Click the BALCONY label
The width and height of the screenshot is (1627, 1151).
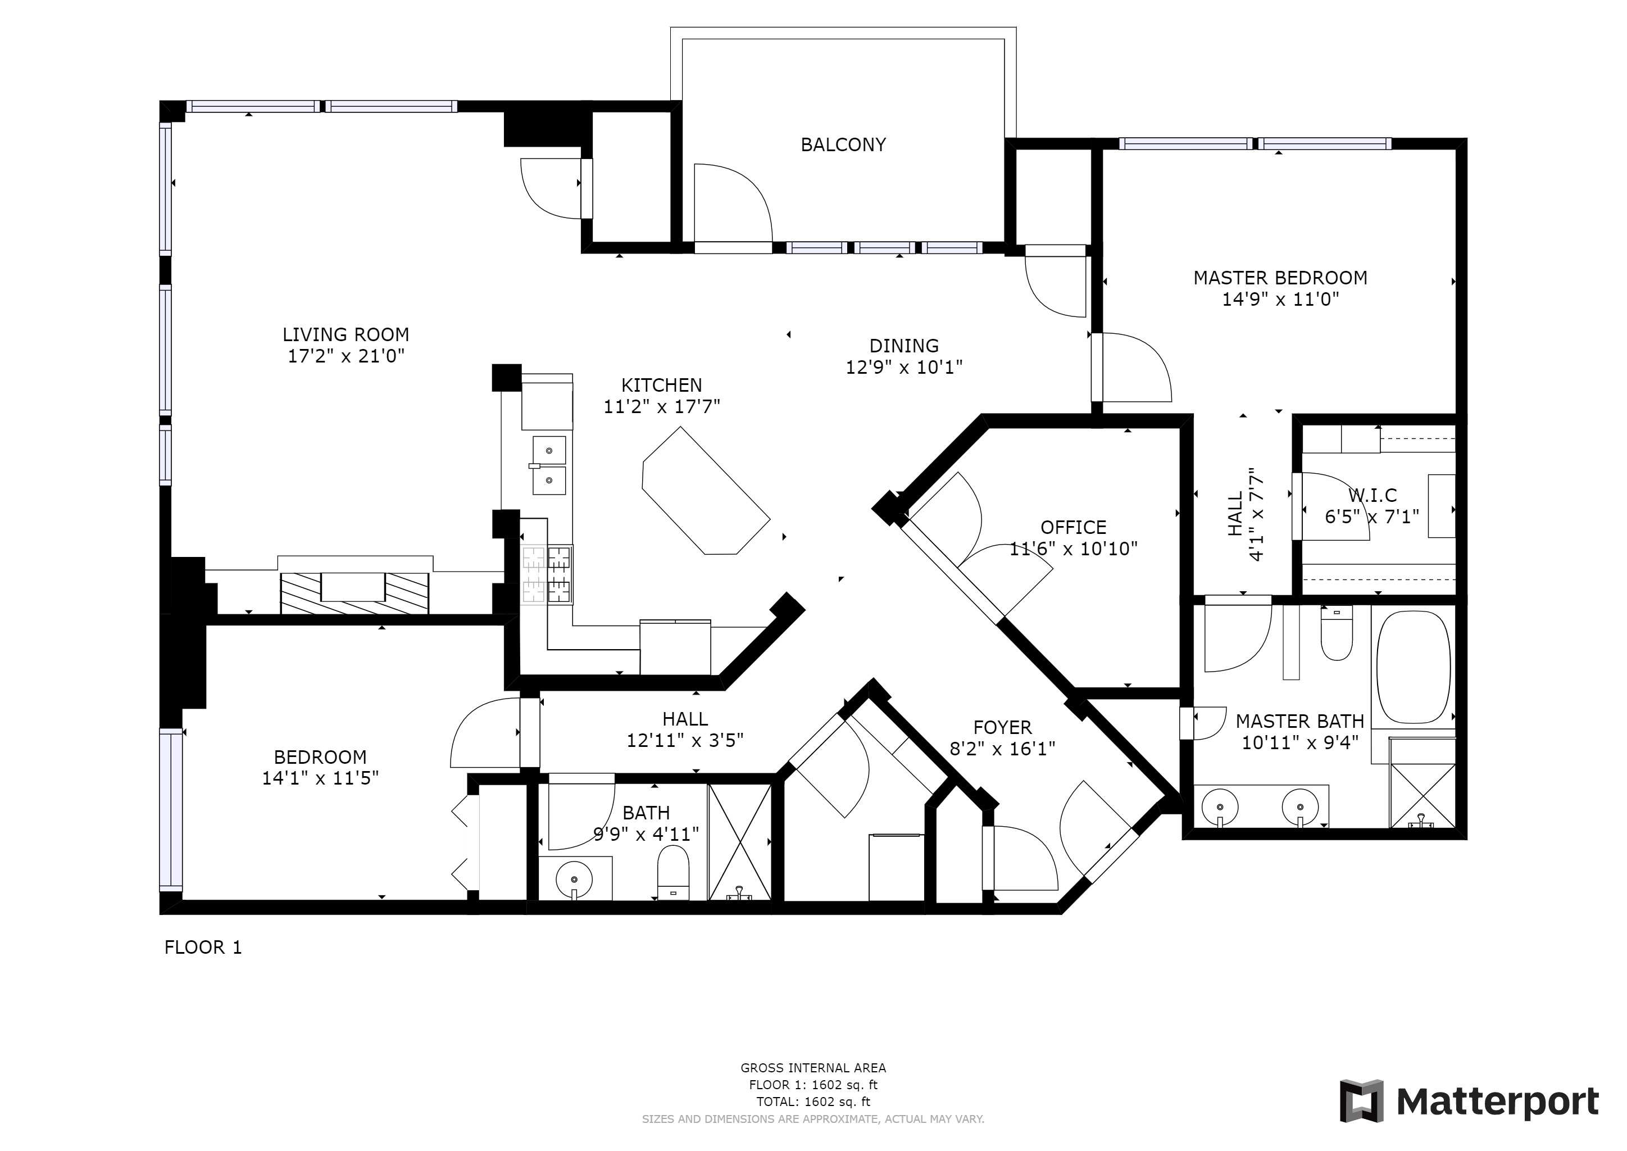[843, 144]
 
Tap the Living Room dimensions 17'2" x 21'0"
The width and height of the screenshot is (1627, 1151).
[346, 356]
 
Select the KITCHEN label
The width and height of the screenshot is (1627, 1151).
[662, 386]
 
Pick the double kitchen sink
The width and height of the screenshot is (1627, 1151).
[549, 465]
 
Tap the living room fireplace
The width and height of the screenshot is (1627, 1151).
[355, 592]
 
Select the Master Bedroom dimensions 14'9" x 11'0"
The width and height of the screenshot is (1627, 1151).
[1280, 299]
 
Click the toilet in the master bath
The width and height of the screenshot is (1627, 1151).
[1337, 633]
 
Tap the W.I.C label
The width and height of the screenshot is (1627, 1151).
[1373, 495]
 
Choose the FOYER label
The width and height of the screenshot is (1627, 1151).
[1003, 727]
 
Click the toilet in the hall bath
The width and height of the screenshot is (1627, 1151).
[673, 874]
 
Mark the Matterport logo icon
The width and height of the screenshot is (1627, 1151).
[1361, 1102]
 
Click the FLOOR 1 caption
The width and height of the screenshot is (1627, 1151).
[203, 948]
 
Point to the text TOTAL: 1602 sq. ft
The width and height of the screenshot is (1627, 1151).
[813, 1102]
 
